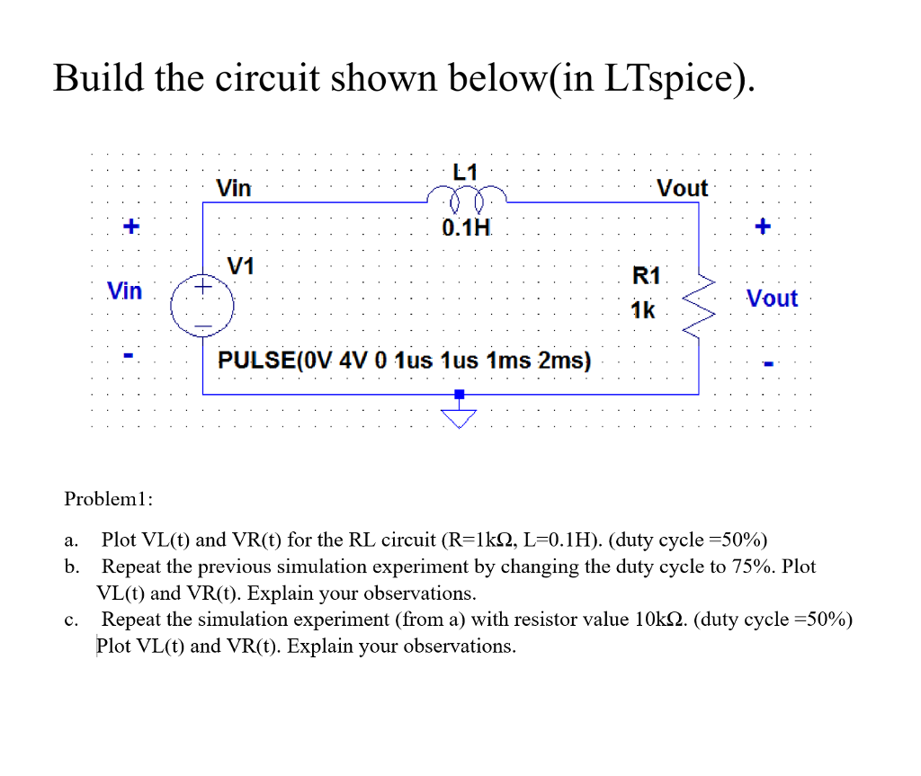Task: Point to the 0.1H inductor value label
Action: coord(466,227)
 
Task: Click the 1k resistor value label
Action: coord(643,310)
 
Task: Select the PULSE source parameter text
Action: coord(405,361)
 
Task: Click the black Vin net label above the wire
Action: coord(235,188)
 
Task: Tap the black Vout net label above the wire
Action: coord(682,188)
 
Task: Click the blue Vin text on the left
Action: coord(124,290)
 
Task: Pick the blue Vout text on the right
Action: coord(772,299)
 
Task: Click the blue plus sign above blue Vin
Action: coord(131,227)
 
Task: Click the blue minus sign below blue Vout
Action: coord(767,365)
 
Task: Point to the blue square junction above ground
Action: coord(460,394)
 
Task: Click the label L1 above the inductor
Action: coord(466,171)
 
